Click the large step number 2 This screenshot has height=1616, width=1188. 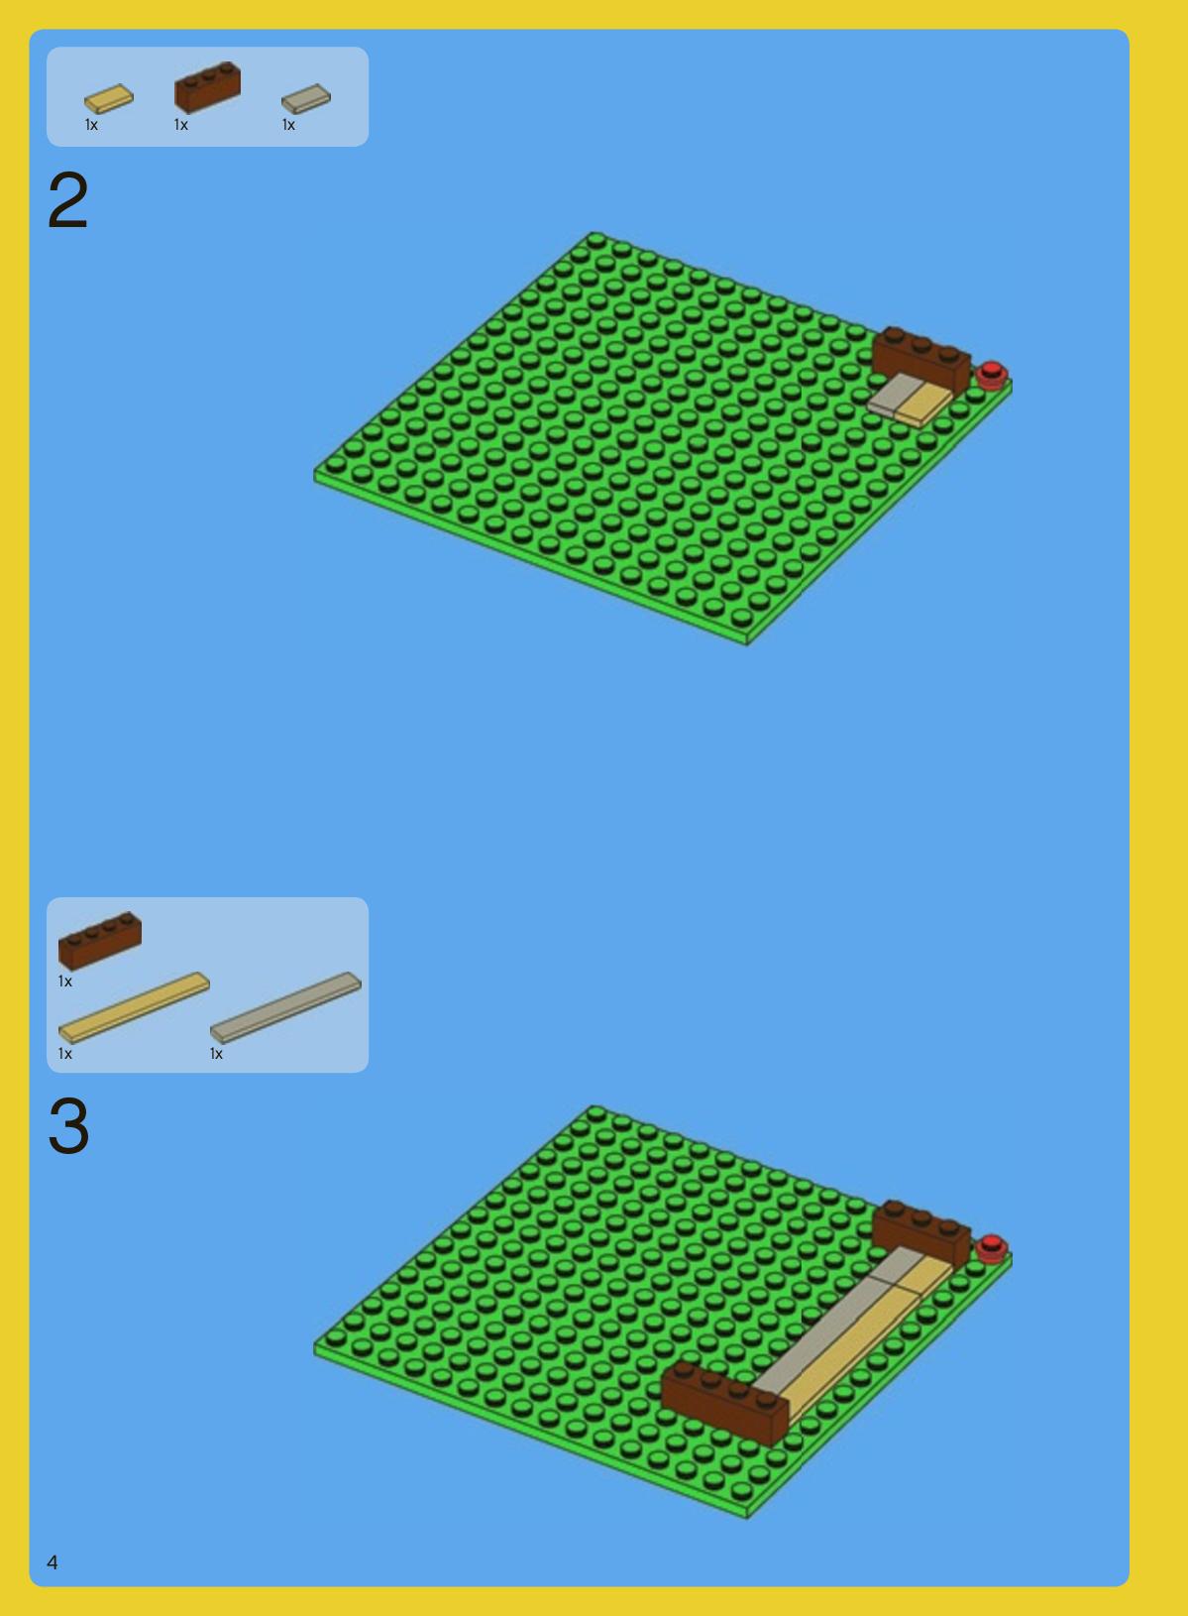click(x=67, y=200)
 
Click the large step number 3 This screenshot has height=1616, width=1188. click(x=68, y=1126)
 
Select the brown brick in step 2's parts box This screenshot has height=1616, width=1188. click(x=208, y=87)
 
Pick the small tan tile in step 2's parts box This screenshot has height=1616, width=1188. click(x=109, y=99)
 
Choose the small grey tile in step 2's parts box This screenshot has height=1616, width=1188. click(x=305, y=99)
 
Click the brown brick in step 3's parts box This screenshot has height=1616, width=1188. click(x=99, y=941)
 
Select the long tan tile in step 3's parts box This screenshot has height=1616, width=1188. click(x=134, y=1008)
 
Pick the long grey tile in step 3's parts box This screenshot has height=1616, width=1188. click(x=285, y=1008)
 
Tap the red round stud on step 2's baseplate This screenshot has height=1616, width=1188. click(x=992, y=375)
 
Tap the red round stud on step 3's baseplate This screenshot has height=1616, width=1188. click(x=992, y=1248)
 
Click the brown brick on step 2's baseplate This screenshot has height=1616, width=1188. click(x=921, y=359)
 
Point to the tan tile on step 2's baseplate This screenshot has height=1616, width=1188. click(x=924, y=405)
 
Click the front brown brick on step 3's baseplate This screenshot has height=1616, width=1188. click(x=725, y=1404)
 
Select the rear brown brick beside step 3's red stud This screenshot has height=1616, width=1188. click(x=921, y=1233)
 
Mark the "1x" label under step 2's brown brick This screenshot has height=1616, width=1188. click(x=181, y=125)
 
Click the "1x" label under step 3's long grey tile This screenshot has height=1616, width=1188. click(x=216, y=1054)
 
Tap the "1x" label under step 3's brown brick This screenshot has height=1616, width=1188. click(x=65, y=981)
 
